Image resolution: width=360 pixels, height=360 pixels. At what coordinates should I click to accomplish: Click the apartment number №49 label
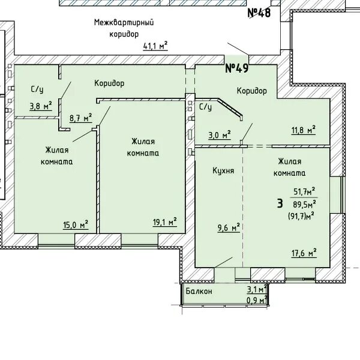click(237, 68)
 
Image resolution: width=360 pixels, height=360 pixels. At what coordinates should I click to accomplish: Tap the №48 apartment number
click(259, 13)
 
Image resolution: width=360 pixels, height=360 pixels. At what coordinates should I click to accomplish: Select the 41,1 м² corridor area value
click(155, 46)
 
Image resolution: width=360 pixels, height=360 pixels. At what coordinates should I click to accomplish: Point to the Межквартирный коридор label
click(124, 28)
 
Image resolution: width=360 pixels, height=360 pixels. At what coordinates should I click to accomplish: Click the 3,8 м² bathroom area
click(41, 106)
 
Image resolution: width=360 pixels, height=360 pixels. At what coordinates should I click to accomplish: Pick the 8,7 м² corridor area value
click(81, 118)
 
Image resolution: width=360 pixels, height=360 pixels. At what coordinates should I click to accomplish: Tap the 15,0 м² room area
click(76, 224)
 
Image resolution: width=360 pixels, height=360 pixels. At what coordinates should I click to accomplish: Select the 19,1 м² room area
click(165, 222)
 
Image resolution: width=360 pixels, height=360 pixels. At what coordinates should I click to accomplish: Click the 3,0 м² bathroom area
click(219, 135)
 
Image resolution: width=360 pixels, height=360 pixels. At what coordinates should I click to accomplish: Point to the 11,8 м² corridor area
click(303, 130)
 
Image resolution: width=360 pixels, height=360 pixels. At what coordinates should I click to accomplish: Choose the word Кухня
click(223, 170)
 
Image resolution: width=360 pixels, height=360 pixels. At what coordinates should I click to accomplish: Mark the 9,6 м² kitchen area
click(229, 228)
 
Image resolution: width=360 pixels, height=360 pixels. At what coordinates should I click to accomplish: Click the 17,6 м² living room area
click(304, 253)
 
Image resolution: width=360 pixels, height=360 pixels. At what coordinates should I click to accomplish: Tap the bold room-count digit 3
click(280, 203)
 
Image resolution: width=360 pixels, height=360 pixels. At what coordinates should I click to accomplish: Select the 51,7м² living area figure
click(304, 191)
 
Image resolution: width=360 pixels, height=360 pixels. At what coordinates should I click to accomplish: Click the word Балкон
click(199, 291)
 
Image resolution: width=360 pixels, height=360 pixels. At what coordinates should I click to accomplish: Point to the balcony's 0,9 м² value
click(257, 299)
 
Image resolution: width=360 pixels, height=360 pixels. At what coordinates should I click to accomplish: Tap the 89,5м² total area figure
click(304, 204)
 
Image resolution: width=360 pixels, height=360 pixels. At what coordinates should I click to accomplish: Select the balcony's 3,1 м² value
click(257, 289)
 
